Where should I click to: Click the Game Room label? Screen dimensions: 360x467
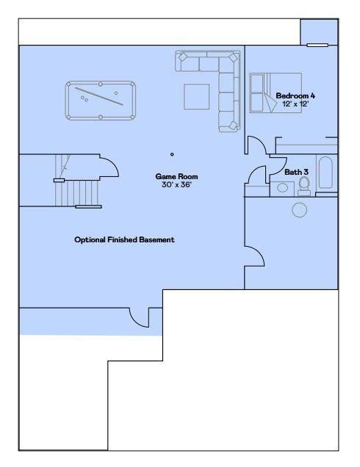coord(176,177)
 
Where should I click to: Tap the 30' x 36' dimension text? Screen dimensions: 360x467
coord(176,184)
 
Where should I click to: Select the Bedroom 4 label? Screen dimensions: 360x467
coord(295,95)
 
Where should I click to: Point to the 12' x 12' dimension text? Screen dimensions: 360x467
coord(295,104)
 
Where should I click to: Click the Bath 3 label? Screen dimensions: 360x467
coord(296,172)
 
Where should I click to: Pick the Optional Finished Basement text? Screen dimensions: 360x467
coord(124,240)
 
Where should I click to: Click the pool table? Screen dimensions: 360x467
coord(101,101)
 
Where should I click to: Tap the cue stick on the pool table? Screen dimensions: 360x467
coord(98,96)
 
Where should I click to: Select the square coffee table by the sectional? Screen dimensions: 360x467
coord(196,96)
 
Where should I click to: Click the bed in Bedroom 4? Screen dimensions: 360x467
coord(276,93)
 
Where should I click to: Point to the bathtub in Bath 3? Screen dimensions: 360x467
coord(325,173)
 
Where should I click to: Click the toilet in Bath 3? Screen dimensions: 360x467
coord(304,187)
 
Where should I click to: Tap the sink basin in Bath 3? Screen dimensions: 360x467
coord(282,188)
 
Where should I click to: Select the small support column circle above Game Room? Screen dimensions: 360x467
coord(172,154)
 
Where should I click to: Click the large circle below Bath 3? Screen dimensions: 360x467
coord(299,210)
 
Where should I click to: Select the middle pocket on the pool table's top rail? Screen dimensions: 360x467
coord(101,84)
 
